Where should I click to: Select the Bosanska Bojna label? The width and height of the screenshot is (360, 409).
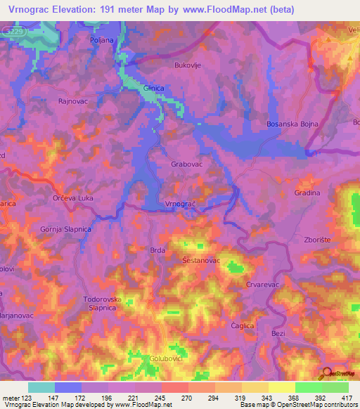(x=292, y=124)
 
